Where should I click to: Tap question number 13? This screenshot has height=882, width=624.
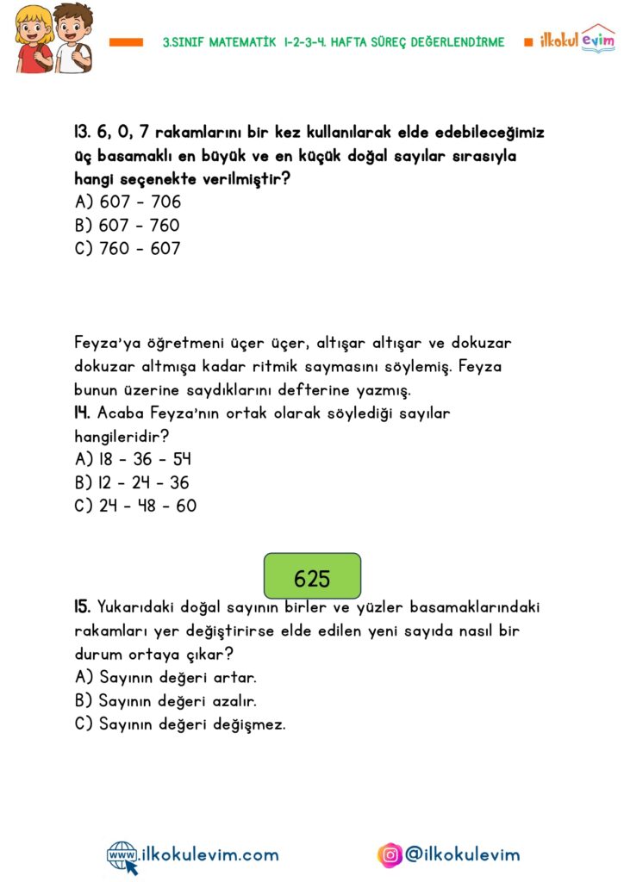82,134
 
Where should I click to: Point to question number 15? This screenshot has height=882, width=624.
83,608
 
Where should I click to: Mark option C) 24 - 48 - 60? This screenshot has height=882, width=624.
135,506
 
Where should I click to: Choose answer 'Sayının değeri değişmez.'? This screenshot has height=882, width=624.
191,724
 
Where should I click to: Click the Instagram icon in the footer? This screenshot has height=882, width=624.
390,855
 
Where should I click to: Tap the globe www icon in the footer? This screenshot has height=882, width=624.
122,856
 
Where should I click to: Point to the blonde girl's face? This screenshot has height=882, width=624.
34,28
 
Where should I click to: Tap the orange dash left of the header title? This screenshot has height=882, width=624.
126,41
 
